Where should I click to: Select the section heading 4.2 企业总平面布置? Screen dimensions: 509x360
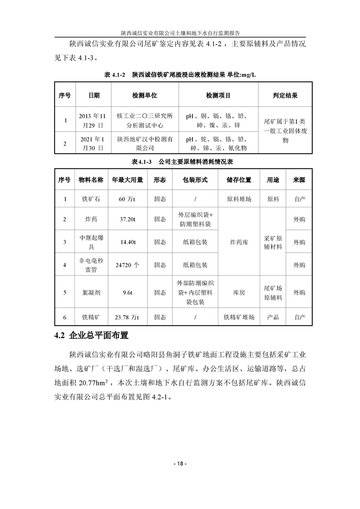pyautogui.click(x=91, y=336)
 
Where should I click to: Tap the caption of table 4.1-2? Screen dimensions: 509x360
pyautogui.click(x=180, y=74)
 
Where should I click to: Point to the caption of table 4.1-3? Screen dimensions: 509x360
pyautogui.click(x=180, y=162)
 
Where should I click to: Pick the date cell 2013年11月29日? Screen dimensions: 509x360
pyautogui.click(x=91, y=120)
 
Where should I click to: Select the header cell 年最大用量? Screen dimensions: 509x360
pyautogui.click(x=128, y=180)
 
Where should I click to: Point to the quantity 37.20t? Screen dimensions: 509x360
pyautogui.click(x=128, y=219)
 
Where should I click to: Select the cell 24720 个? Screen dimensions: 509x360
pyautogui.click(x=128, y=264)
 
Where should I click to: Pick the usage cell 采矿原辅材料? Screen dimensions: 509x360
pyautogui.click(x=273, y=242)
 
